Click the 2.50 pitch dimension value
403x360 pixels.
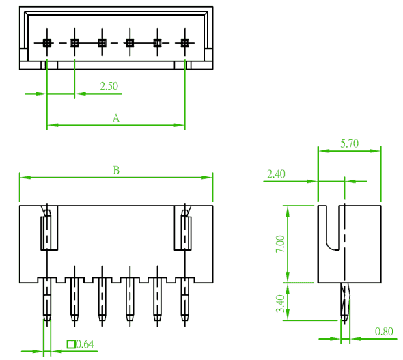tap(109, 86)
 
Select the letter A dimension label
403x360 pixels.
tap(116, 118)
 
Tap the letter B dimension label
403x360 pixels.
tap(116, 170)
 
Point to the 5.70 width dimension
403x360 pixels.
tap(349, 143)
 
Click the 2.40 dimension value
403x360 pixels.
tap(276, 174)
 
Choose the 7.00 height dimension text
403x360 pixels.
tap(281, 244)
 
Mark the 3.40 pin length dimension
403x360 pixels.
tap(281, 303)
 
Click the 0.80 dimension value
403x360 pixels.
tap(384, 331)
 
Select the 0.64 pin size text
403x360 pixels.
tap(85, 344)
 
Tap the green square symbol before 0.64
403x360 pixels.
tap(71, 344)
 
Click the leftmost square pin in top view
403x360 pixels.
tap(47, 43)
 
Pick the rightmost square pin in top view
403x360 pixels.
tap(185, 43)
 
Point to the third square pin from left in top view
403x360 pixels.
tap(102, 43)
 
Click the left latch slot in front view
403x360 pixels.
tap(49, 228)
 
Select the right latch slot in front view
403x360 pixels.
tap(183, 228)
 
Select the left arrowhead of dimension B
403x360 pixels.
tap(25, 178)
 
